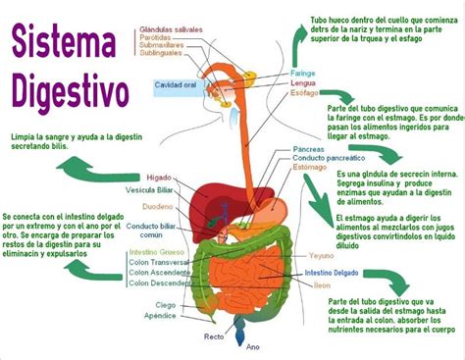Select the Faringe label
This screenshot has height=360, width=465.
tap(302, 74)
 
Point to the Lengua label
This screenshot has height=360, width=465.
tap(302, 84)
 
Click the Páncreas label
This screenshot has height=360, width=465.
tap(308, 147)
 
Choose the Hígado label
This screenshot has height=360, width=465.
tap(158, 178)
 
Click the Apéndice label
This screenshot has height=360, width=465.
tap(159, 316)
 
